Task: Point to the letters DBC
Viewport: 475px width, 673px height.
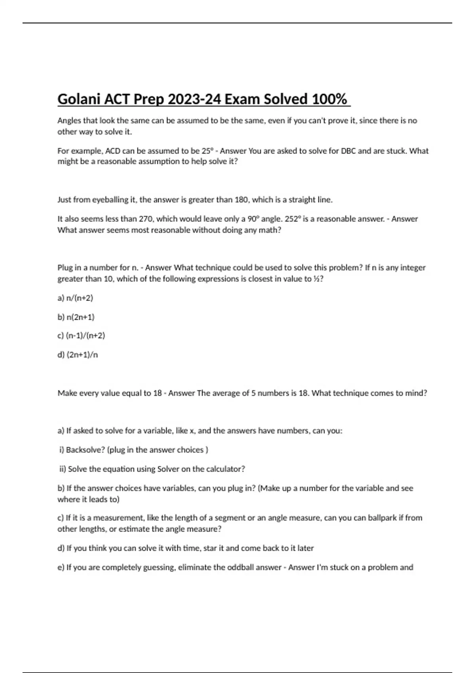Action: (348, 151)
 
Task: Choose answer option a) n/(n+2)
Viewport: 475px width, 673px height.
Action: (75, 298)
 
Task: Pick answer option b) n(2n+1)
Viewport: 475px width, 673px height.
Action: (76, 317)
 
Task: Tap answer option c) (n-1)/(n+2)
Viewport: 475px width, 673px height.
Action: (81, 336)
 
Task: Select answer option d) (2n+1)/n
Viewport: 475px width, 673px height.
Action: (78, 355)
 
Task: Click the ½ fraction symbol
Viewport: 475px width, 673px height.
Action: (316, 279)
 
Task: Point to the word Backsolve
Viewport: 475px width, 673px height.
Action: (85, 450)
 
